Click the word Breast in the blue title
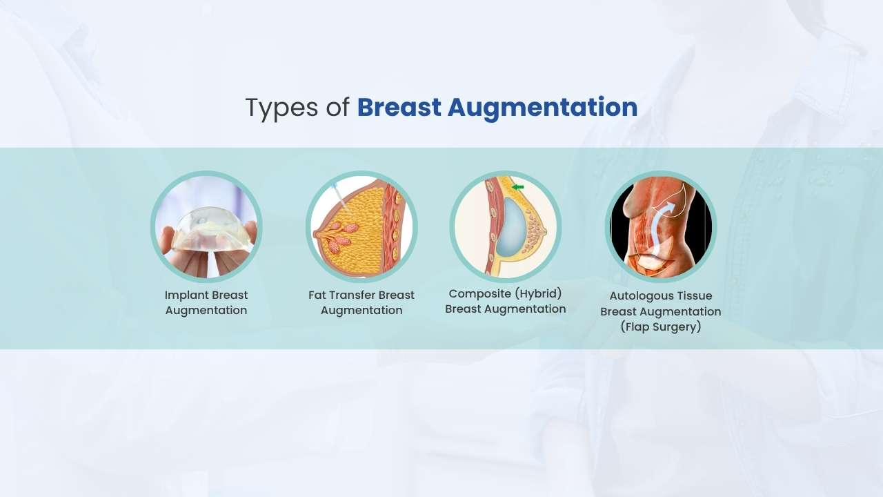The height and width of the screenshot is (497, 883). [x=398, y=108]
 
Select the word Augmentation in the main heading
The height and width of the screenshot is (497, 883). [x=542, y=108]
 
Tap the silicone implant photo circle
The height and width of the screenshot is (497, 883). [x=206, y=226]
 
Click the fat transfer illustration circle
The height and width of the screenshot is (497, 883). [x=361, y=226]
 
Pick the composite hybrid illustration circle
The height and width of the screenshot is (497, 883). [x=505, y=226]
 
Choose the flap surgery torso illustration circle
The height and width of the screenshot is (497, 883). [x=660, y=226]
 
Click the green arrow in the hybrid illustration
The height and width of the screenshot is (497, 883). [x=518, y=186]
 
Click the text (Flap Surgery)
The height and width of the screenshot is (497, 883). [x=660, y=327]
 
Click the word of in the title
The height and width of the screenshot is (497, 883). [x=338, y=108]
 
